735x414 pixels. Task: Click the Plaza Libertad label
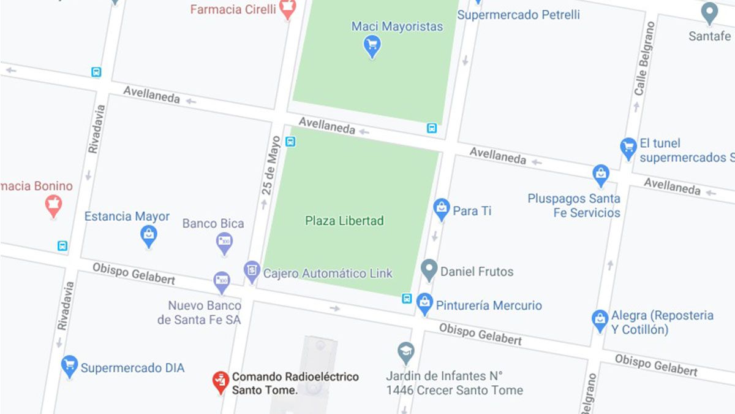344,220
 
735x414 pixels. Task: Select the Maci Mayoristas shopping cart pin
372,45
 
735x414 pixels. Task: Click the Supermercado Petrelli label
518,14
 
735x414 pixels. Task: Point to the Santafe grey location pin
709,13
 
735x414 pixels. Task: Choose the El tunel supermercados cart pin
628,148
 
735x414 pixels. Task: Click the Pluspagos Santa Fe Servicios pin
601,175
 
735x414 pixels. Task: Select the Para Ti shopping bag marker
441,209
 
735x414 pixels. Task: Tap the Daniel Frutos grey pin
429,269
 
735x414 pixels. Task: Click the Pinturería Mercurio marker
424,303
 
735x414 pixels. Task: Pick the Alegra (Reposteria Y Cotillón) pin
600,320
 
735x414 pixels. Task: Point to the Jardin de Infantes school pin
405,353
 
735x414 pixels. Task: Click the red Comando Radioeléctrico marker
221,381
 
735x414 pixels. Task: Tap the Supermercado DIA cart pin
70,366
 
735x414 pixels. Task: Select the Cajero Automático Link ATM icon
252,270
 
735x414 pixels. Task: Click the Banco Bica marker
224,242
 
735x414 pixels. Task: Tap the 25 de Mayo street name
271,166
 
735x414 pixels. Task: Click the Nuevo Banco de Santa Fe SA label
199,312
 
